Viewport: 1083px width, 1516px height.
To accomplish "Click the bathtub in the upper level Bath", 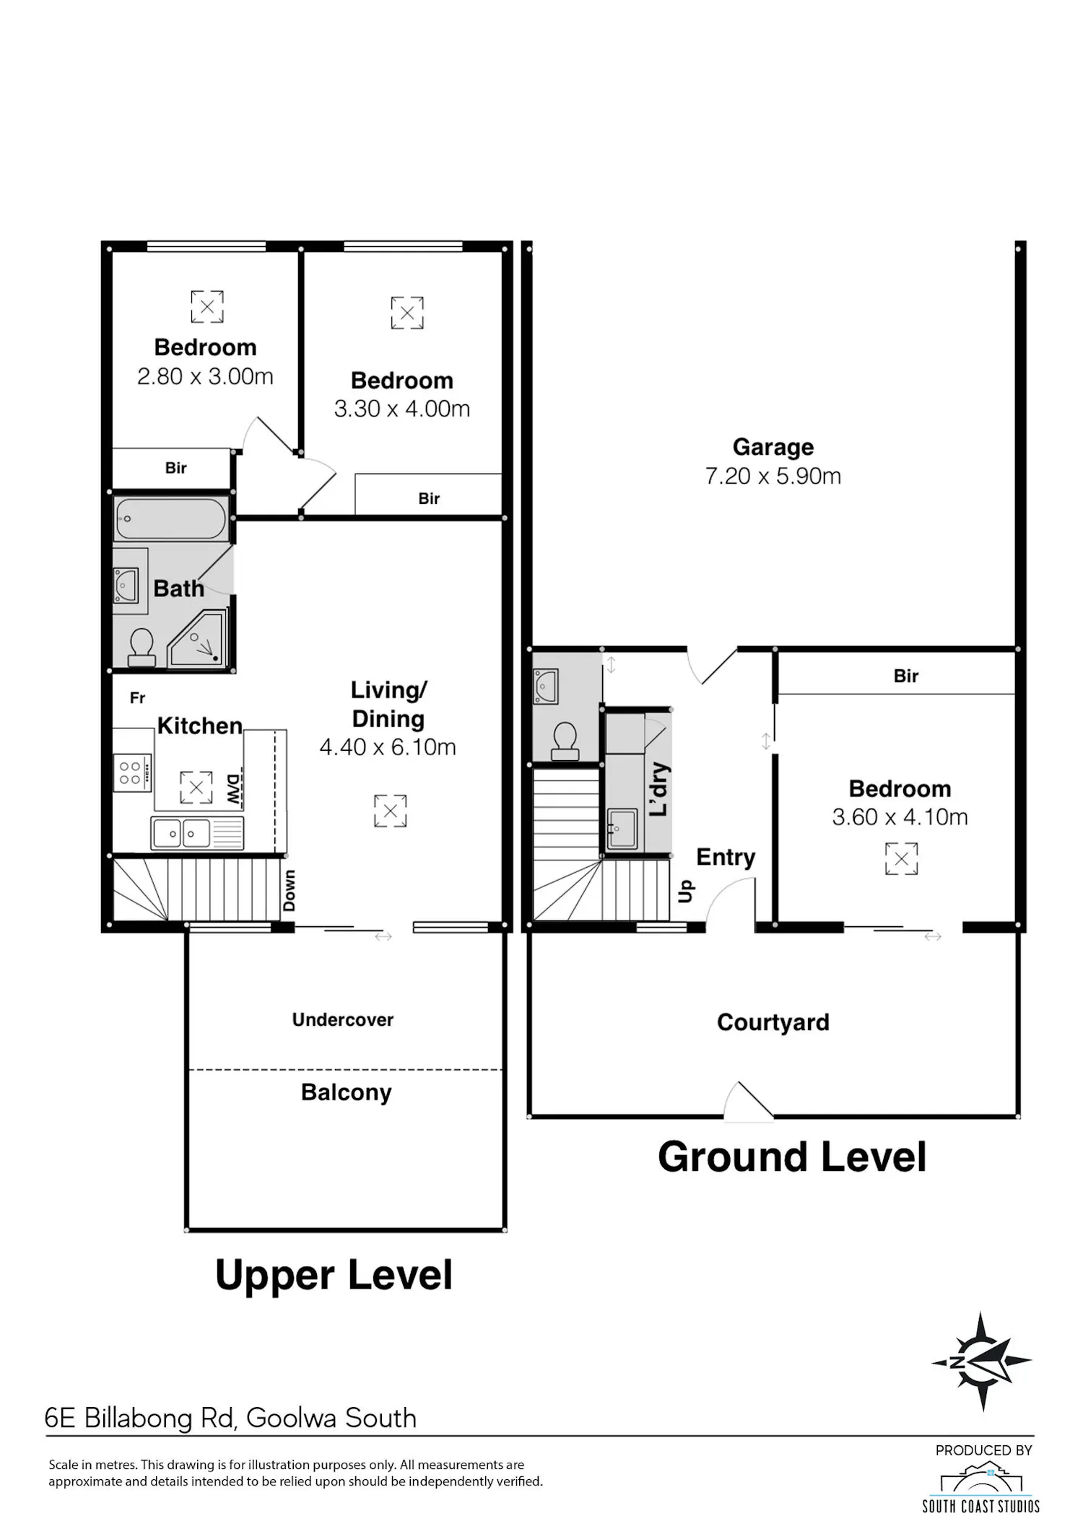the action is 170,518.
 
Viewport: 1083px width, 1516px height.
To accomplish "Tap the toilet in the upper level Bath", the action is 141,647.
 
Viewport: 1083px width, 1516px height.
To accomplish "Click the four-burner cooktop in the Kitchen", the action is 132,772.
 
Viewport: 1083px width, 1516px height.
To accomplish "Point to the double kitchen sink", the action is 197,833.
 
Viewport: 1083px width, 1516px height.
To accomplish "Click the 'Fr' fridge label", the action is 137,698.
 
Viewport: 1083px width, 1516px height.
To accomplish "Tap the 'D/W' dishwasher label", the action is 233,790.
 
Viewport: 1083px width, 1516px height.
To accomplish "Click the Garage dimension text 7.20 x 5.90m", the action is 773,476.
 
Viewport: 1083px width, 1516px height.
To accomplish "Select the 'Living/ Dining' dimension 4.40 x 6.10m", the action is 388,747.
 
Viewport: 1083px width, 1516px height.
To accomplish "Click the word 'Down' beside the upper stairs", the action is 289,890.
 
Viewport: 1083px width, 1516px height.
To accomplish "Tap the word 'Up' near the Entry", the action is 685,891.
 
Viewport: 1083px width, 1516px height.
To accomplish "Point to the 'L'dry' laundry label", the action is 658,789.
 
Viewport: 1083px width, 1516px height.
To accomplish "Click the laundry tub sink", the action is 622,828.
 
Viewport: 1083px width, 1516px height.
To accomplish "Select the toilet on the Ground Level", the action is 565,742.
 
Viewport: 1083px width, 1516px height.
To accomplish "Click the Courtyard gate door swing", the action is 749,1102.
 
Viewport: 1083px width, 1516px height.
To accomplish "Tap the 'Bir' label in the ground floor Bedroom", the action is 906,676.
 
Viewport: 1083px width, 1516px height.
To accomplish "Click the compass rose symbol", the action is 982,1362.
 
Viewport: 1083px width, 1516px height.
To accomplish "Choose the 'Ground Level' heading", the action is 792,1157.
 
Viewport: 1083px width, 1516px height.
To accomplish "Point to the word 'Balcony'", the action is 347,1093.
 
